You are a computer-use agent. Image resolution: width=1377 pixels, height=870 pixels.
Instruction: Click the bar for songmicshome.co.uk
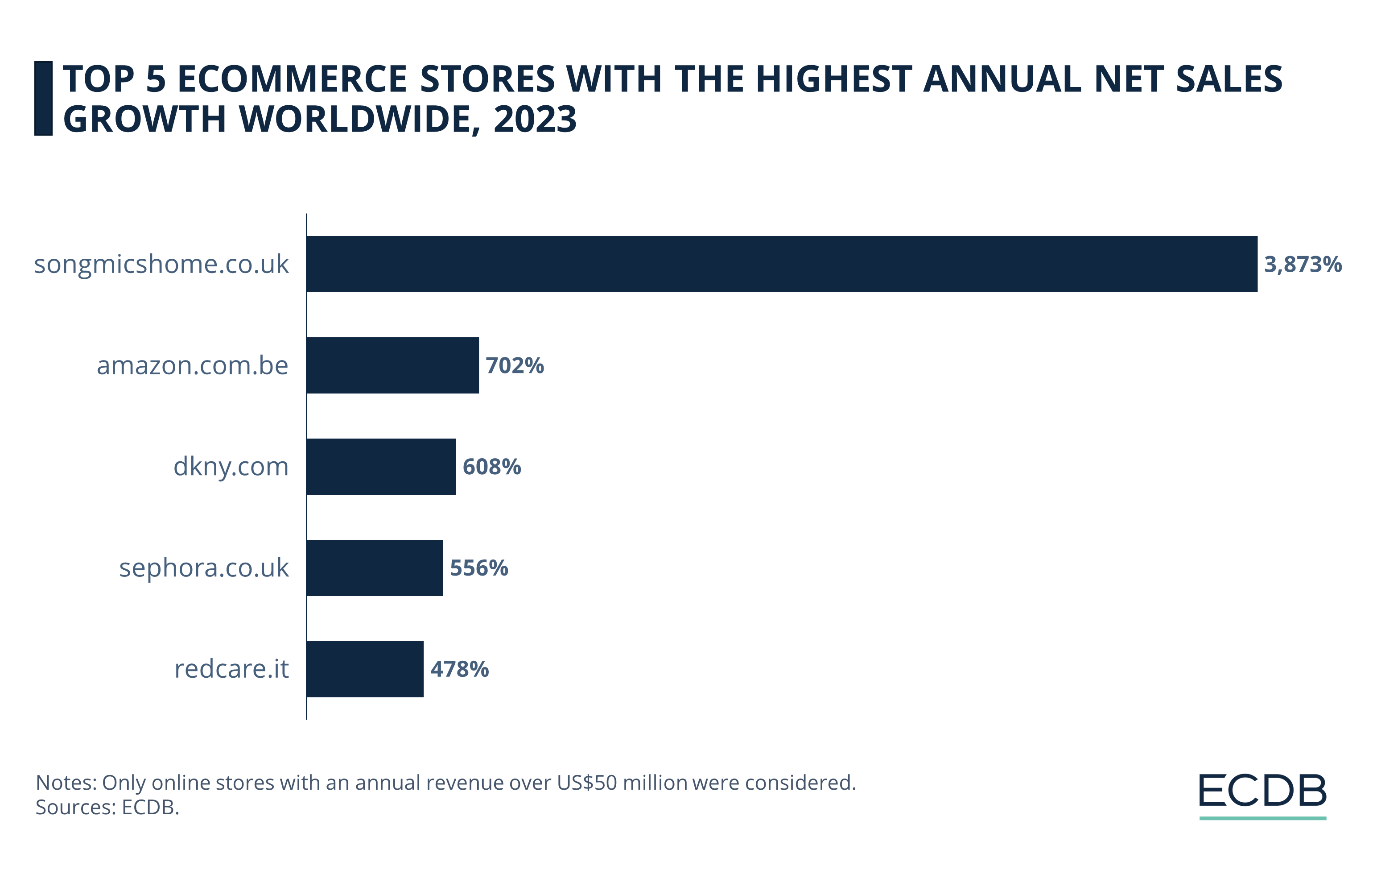781,264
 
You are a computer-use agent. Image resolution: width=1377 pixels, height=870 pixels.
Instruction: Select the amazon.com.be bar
392,365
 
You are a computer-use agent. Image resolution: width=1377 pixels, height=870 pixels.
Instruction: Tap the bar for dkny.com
381,466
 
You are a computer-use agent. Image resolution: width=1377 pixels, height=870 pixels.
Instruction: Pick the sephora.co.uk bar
375,568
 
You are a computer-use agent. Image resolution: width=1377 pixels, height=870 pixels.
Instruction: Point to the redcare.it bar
365,669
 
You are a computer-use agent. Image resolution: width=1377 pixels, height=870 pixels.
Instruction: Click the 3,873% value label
1302,264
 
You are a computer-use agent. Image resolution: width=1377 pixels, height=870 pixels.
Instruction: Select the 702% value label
515,365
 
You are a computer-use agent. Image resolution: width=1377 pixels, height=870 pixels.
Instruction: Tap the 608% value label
492,467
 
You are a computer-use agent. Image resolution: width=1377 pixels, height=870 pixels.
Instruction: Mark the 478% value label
460,669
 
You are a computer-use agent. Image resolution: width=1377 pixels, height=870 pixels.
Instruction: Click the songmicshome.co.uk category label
161,264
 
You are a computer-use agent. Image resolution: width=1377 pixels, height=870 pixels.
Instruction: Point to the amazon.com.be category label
192,365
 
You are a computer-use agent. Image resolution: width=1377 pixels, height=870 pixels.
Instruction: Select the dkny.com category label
231,467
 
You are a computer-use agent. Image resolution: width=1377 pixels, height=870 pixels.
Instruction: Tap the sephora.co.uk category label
204,568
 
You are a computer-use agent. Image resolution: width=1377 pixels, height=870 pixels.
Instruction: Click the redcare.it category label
231,669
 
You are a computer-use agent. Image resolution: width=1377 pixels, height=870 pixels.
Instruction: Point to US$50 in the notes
587,783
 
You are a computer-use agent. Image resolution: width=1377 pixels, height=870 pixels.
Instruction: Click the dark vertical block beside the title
43,99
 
